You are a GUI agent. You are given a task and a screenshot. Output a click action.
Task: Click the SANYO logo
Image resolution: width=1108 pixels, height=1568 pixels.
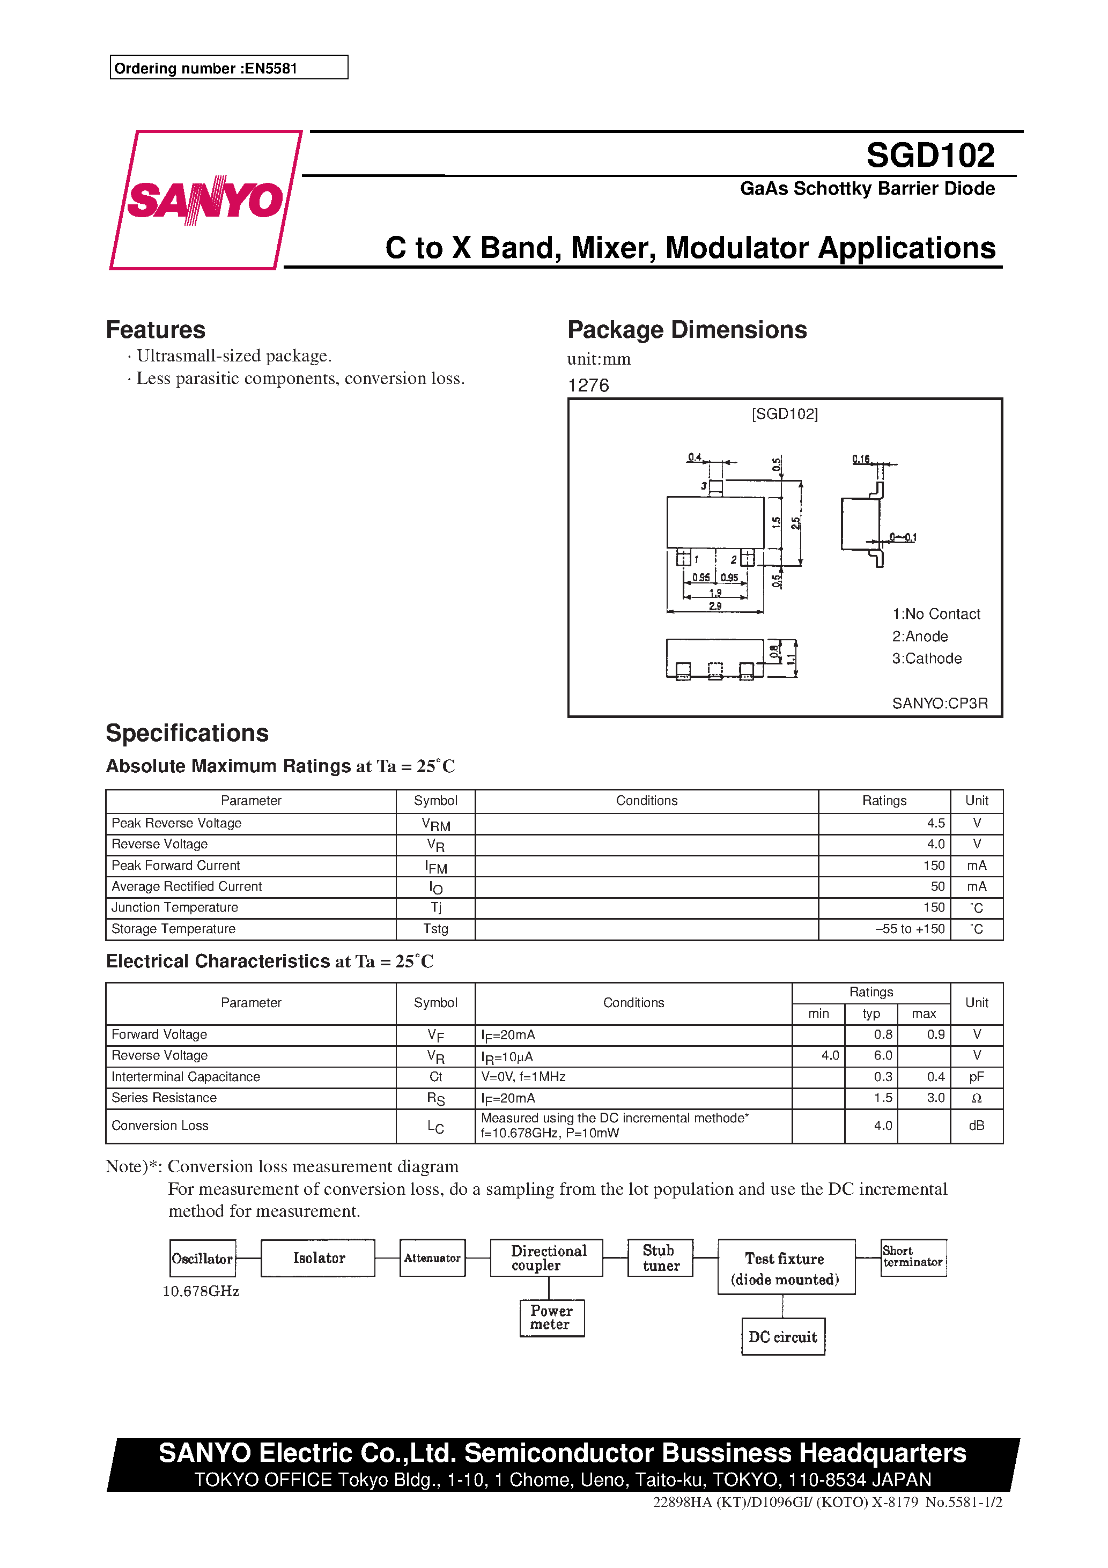coord(205,199)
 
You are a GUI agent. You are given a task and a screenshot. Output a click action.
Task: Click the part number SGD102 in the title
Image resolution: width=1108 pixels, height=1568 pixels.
coord(930,155)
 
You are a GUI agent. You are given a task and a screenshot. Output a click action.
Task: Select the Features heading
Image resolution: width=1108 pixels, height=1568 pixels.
coord(156,330)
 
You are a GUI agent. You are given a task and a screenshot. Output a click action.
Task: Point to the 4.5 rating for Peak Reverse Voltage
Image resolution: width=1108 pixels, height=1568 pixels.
coord(935,823)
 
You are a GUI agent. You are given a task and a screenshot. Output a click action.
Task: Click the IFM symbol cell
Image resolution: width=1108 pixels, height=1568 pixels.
coord(436,866)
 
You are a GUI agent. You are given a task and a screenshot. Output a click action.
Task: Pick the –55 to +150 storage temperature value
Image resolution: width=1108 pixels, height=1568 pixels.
coord(910,929)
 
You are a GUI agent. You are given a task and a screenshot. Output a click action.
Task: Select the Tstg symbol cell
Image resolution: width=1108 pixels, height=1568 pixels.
coord(436,929)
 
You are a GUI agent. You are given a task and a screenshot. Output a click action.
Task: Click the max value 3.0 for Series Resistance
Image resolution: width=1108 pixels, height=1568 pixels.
coord(935,1098)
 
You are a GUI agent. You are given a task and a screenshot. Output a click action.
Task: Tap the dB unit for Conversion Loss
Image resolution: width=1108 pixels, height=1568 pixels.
coord(976,1126)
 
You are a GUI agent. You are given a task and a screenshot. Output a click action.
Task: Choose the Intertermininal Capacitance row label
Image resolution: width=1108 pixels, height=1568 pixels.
coord(186,1076)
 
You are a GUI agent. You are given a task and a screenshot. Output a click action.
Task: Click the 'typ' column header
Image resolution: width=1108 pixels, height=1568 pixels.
coord(871,1014)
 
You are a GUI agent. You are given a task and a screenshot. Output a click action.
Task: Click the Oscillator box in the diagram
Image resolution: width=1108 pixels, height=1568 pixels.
coord(202,1258)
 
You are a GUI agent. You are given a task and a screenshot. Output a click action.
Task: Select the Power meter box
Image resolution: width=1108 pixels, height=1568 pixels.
coord(551,1318)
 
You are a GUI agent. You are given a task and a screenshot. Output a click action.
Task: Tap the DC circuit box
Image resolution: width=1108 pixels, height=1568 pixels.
coord(783,1336)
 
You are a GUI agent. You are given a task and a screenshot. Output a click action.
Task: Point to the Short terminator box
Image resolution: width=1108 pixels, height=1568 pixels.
coord(913,1256)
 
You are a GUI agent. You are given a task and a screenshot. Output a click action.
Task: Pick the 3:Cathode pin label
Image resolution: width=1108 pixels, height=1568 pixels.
coord(926,659)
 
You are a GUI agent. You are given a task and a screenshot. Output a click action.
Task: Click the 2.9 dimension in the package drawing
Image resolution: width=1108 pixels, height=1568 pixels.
coord(714,606)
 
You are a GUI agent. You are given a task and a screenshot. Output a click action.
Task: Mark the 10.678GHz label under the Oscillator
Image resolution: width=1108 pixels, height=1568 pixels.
coord(201,1291)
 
